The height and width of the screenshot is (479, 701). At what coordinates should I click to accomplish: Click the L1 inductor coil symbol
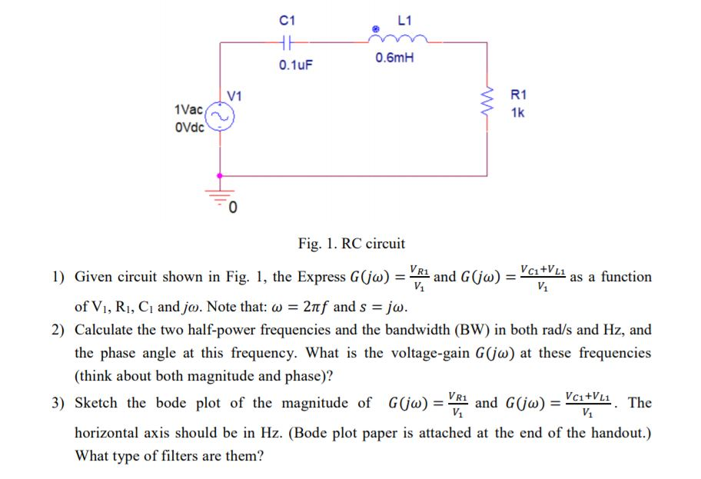click(x=396, y=38)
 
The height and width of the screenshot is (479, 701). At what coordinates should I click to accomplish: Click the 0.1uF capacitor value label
click(x=295, y=66)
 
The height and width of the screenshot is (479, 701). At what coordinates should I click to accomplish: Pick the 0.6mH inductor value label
click(x=394, y=59)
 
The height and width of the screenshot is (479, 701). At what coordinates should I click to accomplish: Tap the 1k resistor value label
click(x=517, y=112)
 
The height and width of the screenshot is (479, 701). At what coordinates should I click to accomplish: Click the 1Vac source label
click(x=189, y=111)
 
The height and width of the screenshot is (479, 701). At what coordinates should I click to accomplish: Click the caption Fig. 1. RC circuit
click(x=351, y=244)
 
